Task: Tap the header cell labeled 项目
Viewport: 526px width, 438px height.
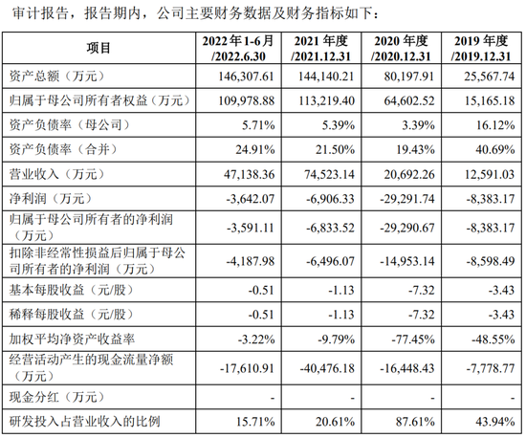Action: (99, 47)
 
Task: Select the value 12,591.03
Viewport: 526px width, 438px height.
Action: (492, 174)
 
